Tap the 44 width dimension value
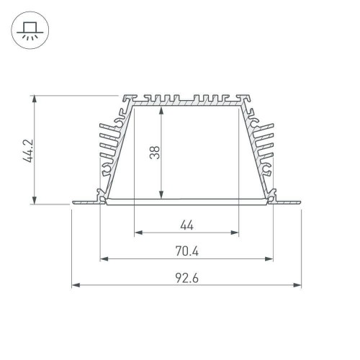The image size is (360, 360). (186, 225)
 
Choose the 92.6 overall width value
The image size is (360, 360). (186, 278)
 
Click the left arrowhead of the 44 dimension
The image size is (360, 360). (138, 233)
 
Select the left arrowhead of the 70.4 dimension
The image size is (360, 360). (102, 258)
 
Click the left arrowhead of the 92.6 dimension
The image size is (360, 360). (75, 285)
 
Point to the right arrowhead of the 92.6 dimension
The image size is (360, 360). (298, 285)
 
